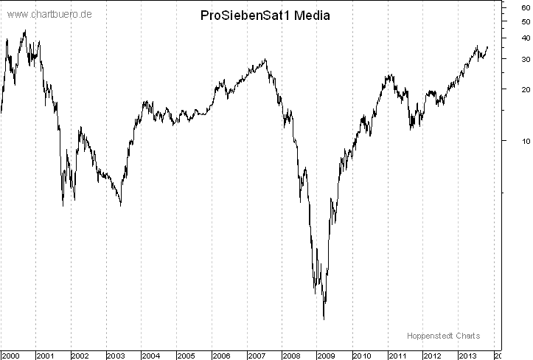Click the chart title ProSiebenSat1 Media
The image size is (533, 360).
click(x=265, y=16)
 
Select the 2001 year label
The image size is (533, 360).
click(x=46, y=355)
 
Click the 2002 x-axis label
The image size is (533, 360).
click(x=81, y=355)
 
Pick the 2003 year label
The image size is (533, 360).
click(x=116, y=355)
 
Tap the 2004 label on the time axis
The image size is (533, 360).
click(x=151, y=355)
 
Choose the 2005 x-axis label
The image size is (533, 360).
click(x=187, y=355)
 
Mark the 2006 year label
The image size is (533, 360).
click(x=221, y=355)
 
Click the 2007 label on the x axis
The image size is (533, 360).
click(x=257, y=355)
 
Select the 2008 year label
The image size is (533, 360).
click(x=292, y=355)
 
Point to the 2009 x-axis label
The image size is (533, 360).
click(x=327, y=355)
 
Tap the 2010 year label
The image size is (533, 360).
click(x=362, y=355)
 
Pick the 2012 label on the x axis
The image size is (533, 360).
click(x=432, y=355)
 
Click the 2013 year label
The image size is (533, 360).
click(x=467, y=355)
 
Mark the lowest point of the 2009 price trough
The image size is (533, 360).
click(x=324, y=319)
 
